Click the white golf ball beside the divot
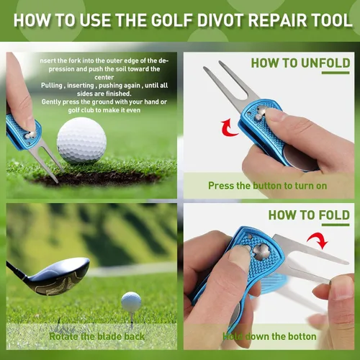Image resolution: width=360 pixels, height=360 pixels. (81, 140)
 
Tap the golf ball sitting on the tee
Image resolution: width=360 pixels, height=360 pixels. (131, 301)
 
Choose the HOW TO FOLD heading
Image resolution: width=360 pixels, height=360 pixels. (309, 215)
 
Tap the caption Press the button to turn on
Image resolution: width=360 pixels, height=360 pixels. (267, 185)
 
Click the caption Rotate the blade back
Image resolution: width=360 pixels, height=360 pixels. (96, 336)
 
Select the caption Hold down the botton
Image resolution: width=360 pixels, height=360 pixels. (269, 336)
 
